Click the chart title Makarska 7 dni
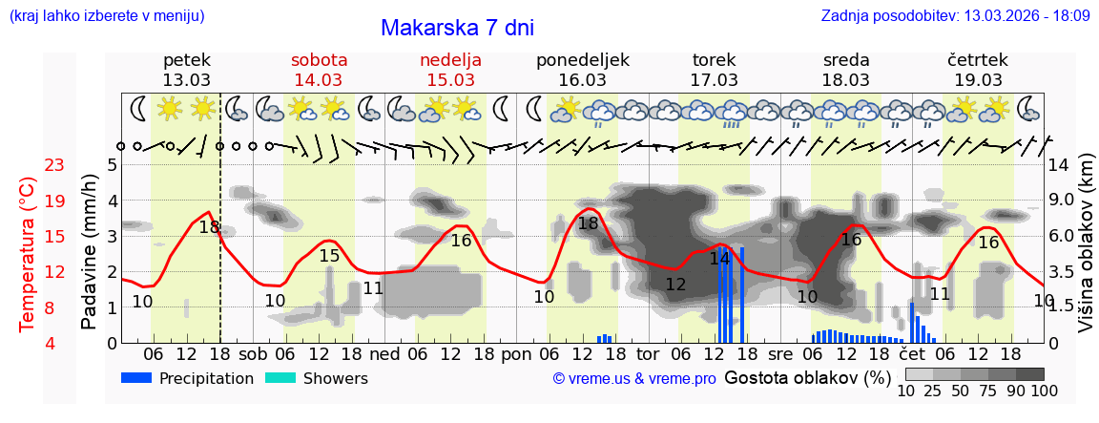coord(457,28)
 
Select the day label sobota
coord(320,60)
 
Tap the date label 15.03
coord(451,80)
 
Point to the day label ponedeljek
coord(583,60)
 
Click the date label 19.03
coord(978,80)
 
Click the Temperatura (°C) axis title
coord(29,254)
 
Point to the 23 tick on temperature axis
coord(54,165)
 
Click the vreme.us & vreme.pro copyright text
coord(633,379)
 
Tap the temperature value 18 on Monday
coord(589,224)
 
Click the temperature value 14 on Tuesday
coord(719,259)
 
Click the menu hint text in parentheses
coord(107,15)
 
